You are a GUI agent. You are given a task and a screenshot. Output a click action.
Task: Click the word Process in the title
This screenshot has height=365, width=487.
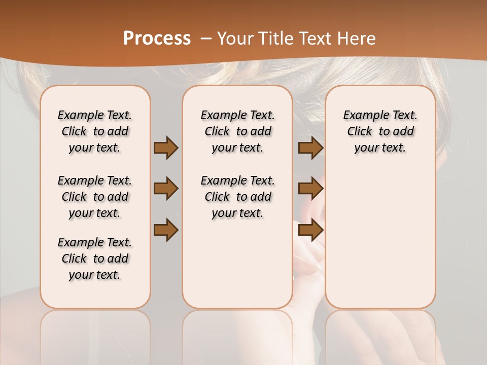157,38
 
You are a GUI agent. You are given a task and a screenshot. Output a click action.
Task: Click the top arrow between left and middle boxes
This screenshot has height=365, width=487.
166,148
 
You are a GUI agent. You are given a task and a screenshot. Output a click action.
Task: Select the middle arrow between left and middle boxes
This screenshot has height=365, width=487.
166,189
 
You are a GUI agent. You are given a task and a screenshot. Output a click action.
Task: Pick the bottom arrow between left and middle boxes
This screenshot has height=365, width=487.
166,231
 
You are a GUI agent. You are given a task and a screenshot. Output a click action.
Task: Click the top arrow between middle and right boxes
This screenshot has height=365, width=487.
310,148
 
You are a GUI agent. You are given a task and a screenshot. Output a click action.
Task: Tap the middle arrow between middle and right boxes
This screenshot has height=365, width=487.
310,189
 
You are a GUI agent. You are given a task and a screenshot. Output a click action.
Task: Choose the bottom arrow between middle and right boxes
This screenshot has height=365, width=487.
310,231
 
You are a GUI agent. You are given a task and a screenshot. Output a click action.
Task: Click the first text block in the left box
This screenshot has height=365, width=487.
95,131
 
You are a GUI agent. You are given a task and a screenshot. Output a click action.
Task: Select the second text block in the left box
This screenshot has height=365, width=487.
95,197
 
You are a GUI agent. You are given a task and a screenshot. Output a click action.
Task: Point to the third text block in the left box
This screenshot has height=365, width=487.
95,259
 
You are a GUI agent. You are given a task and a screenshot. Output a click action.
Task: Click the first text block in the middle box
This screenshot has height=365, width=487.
237,131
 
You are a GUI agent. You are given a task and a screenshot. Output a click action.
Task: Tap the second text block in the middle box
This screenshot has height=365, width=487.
237,197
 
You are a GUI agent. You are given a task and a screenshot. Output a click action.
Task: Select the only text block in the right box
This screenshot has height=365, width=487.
380,131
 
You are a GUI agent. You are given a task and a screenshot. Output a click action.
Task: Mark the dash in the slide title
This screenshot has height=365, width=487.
206,38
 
